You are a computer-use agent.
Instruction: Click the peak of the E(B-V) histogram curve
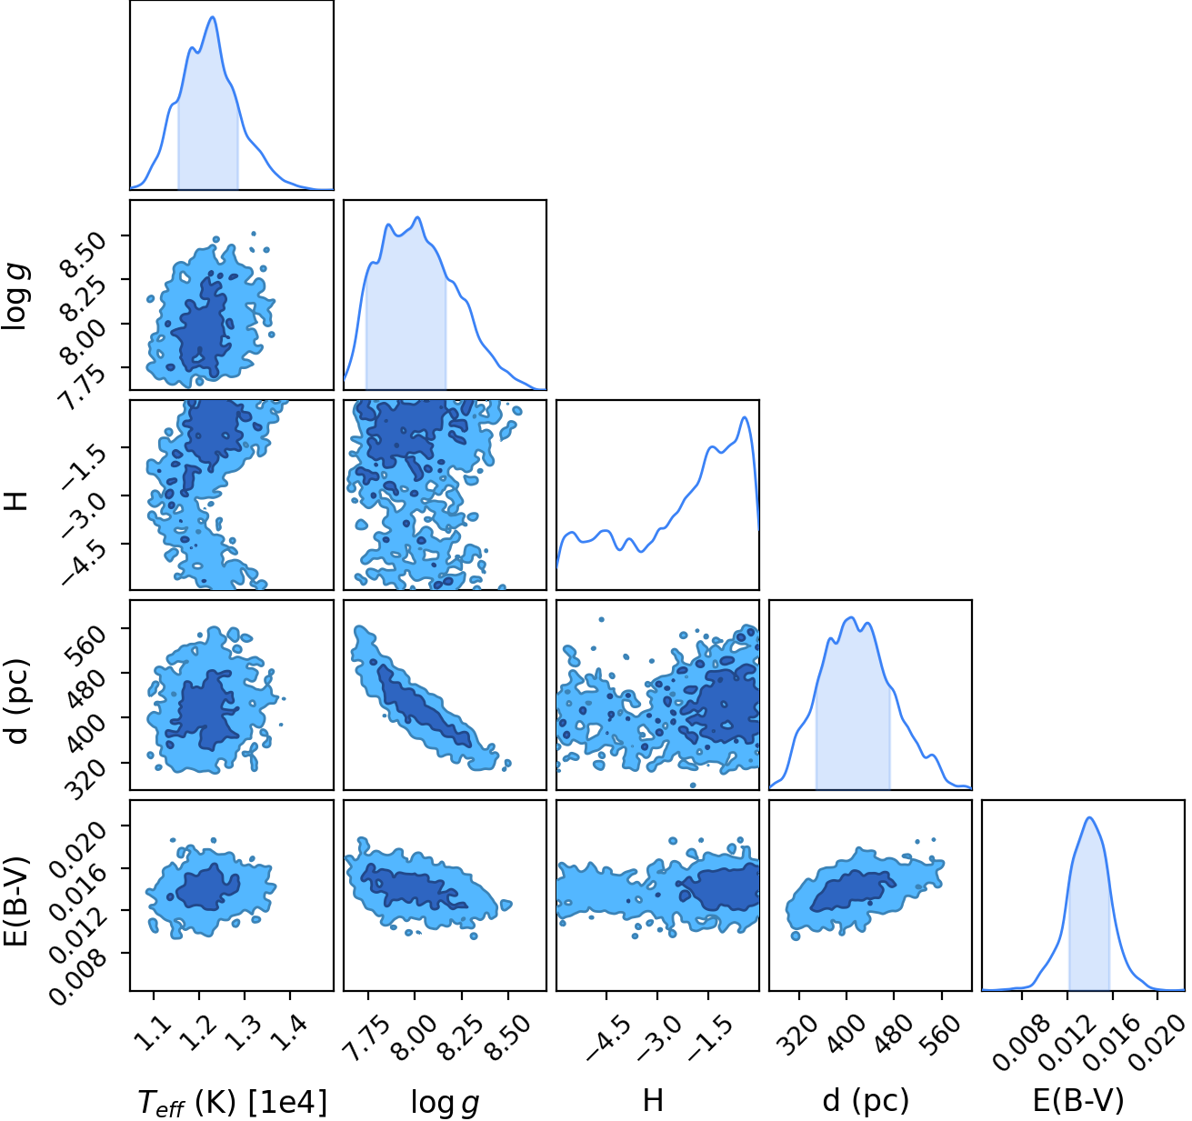click(1088, 817)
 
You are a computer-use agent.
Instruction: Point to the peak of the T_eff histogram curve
click(213, 16)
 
